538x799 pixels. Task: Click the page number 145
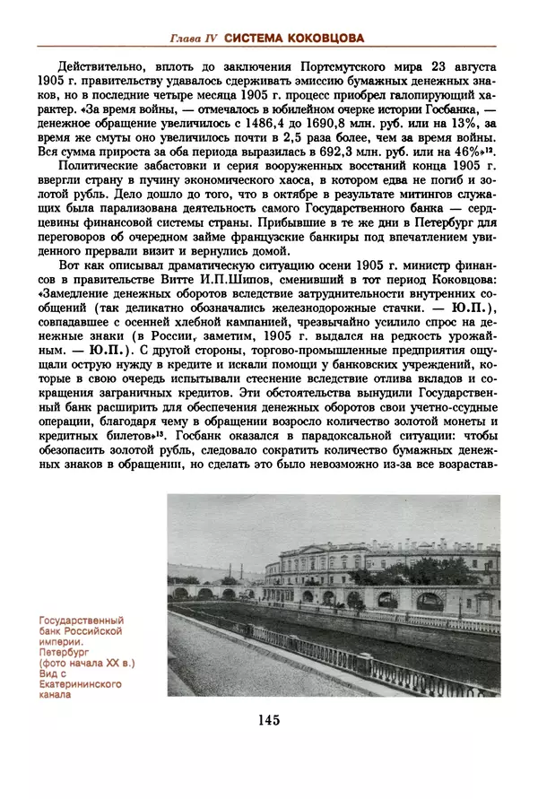click(x=268, y=720)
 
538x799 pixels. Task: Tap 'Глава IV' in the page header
click(x=193, y=38)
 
